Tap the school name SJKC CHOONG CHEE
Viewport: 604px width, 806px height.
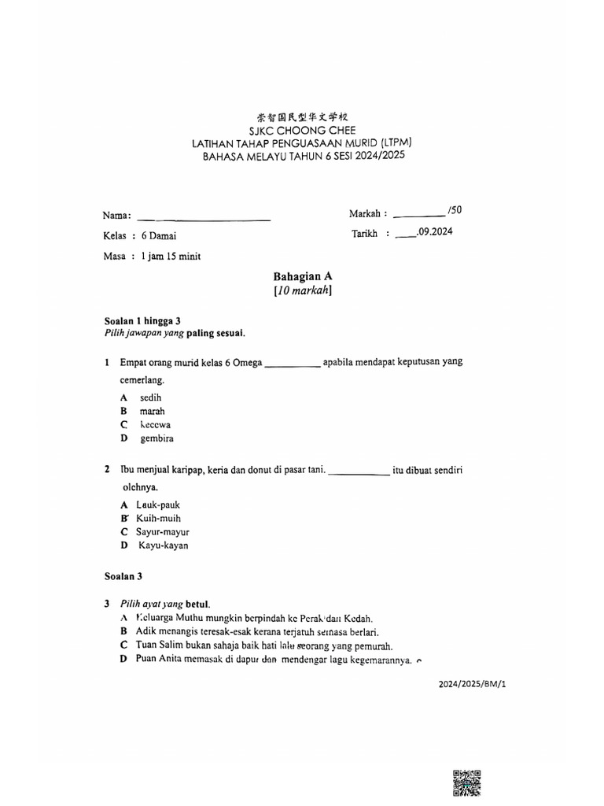(x=301, y=130)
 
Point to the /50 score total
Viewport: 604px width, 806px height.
(x=454, y=210)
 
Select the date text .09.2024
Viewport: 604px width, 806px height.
(x=434, y=232)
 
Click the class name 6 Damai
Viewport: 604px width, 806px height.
(x=159, y=235)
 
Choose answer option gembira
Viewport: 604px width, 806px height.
(x=157, y=438)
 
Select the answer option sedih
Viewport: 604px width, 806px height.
(x=150, y=397)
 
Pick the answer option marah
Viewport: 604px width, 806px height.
(x=153, y=411)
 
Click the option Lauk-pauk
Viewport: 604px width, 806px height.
(x=159, y=505)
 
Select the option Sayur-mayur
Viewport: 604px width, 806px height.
(x=163, y=532)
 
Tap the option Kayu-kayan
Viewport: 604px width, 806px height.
(x=164, y=545)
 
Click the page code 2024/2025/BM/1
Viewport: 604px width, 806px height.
(x=472, y=685)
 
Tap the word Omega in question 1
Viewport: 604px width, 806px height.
(x=247, y=362)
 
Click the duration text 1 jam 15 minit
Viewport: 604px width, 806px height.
(x=170, y=256)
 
